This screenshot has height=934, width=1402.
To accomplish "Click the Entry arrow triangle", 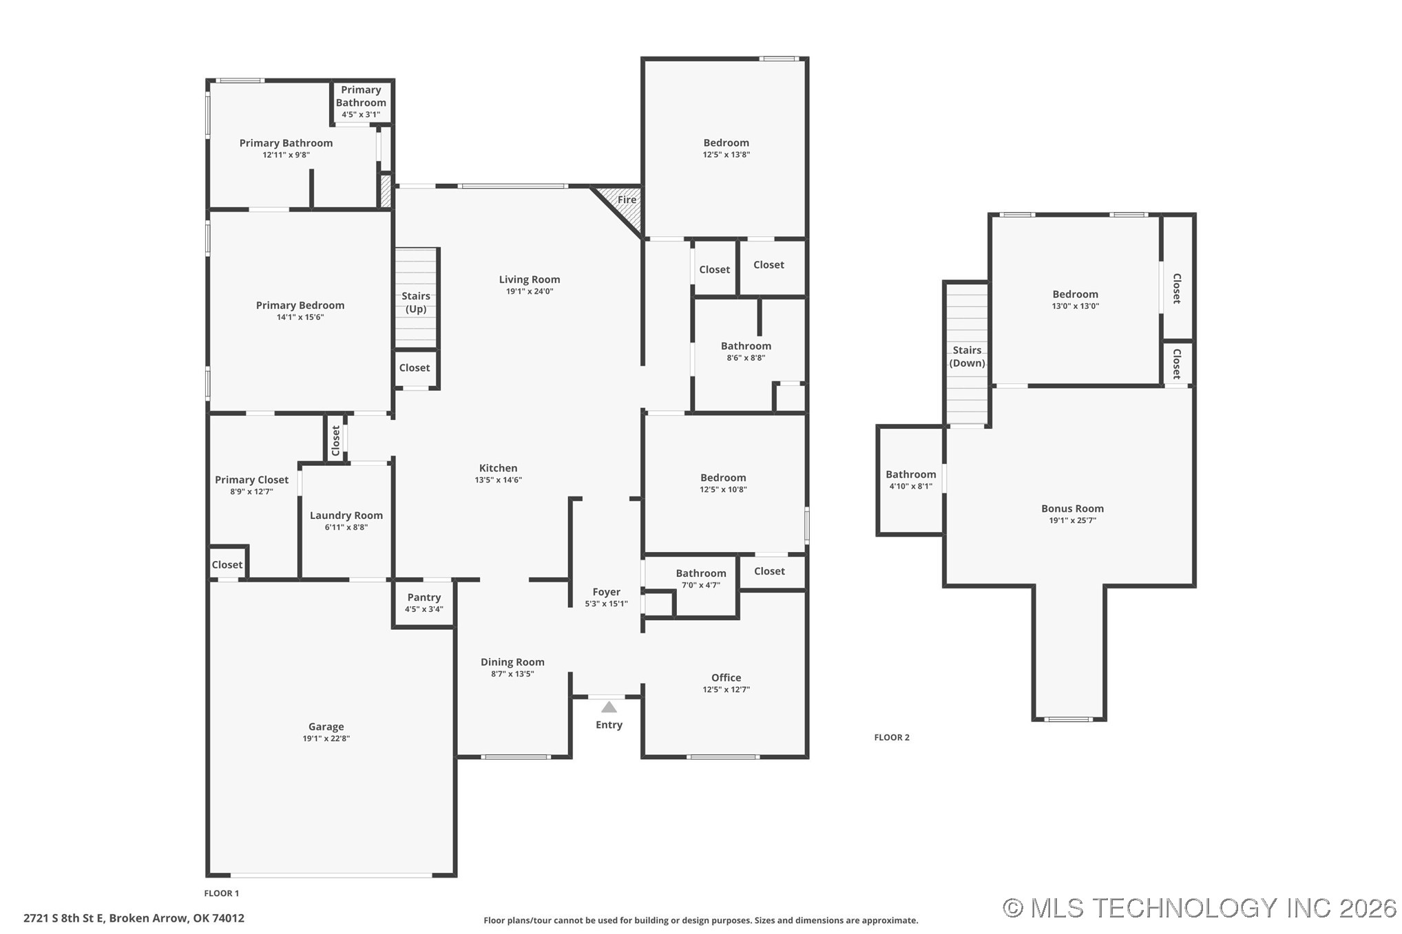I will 609,707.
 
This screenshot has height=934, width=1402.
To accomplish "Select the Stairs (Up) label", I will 416,302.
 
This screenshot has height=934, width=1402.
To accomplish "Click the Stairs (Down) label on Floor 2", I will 967,357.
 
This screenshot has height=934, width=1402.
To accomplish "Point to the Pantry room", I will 423,602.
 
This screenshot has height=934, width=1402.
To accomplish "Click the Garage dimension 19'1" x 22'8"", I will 326,739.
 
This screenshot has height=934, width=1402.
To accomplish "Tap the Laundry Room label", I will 346,516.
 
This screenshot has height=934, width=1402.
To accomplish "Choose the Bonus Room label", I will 1071,509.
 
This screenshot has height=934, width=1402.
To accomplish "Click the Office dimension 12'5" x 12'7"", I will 726,690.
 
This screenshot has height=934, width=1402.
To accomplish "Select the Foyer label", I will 606,592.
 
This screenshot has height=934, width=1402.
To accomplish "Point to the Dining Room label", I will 512,662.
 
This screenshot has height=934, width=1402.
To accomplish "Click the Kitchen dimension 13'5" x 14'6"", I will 498,480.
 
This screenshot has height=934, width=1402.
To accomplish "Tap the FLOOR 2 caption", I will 892,737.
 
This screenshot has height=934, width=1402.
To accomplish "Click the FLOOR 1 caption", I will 221,893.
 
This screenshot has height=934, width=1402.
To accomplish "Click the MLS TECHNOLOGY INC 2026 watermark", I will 1199,908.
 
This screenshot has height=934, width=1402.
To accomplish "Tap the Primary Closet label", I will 251,480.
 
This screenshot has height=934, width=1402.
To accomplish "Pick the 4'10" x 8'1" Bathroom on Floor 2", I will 910,480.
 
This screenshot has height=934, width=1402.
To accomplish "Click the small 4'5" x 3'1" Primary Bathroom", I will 361,103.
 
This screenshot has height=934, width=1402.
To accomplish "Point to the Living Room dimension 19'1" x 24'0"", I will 529,291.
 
